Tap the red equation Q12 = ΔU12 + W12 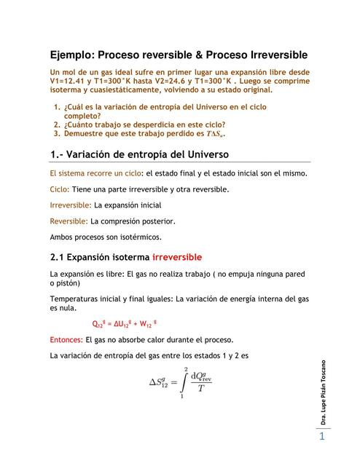click(125, 324)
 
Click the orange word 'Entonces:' click(66, 339)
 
